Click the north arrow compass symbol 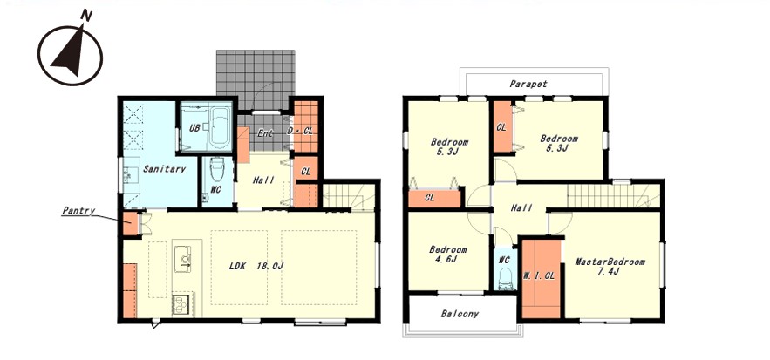(x=70, y=53)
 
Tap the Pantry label (x=78, y=211)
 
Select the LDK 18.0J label (x=256, y=266)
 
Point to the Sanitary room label (x=165, y=169)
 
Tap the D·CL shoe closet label (x=300, y=132)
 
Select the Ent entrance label (x=265, y=133)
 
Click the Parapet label (x=528, y=84)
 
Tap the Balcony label (x=460, y=314)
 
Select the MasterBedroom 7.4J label (x=610, y=266)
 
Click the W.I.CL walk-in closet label (x=539, y=276)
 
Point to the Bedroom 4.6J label (x=448, y=254)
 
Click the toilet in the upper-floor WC (x=505, y=281)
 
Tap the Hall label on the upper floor (x=521, y=208)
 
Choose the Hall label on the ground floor (x=263, y=180)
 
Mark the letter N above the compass (x=86, y=17)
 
